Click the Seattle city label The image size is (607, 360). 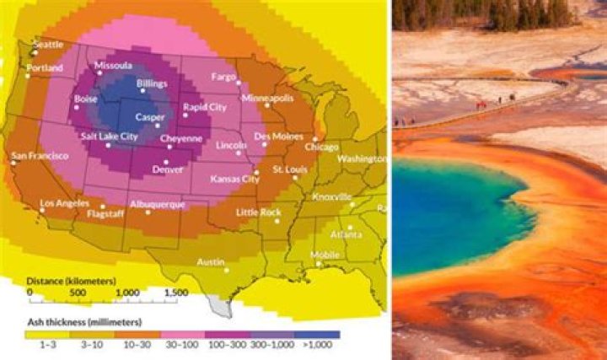click(49, 45)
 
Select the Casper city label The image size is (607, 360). click(150, 117)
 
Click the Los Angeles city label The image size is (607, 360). click(65, 203)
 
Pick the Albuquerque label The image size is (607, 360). click(155, 204)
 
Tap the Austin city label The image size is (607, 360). click(210, 262)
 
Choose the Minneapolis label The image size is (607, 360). click(267, 98)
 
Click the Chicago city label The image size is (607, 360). click(321, 147)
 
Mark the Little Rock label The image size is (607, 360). click(258, 212)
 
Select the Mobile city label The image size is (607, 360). click(325, 254)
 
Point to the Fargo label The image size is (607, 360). click(223, 77)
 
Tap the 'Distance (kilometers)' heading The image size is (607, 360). click(71, 279)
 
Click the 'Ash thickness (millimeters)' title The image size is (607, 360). click(83, 321)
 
